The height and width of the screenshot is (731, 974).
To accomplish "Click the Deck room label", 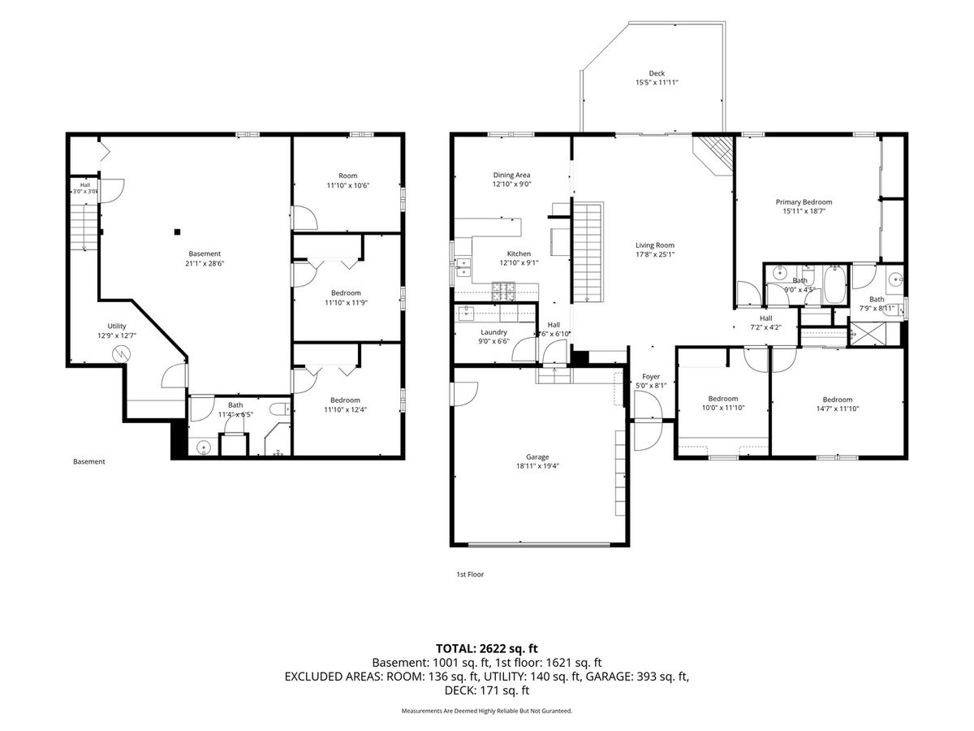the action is click(657, 73).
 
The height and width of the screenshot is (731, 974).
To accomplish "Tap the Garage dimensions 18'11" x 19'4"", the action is click(537, 466).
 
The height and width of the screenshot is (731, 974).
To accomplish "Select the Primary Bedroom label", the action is click(804, 202).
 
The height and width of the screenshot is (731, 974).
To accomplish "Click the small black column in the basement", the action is click(177, 231).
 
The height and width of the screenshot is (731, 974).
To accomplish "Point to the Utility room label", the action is click(117, 327).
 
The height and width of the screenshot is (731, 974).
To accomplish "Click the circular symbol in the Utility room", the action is click(121, 354).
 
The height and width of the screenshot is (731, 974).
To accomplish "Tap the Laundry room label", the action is click(493, 332).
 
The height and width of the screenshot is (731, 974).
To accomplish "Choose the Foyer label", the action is click(650, 377).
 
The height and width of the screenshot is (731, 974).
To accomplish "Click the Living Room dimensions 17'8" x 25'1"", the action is click(654, 255).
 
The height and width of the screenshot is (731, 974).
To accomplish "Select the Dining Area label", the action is click(511, 175).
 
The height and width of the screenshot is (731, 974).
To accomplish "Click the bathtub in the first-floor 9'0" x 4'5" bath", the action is click(835, 285).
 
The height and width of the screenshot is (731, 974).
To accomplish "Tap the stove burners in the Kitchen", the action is click(503, 292).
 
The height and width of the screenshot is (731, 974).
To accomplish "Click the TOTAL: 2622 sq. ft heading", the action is click(486, 648).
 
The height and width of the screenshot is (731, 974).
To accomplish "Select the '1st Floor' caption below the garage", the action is click(470, 574).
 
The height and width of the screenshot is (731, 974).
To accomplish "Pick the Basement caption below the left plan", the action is click(88, 461).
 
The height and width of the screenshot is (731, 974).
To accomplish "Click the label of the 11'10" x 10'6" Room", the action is click(348, 175).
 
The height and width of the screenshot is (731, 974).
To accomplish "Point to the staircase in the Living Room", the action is click(587, 252).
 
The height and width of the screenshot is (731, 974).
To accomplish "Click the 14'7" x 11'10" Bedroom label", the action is click(838, 400).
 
